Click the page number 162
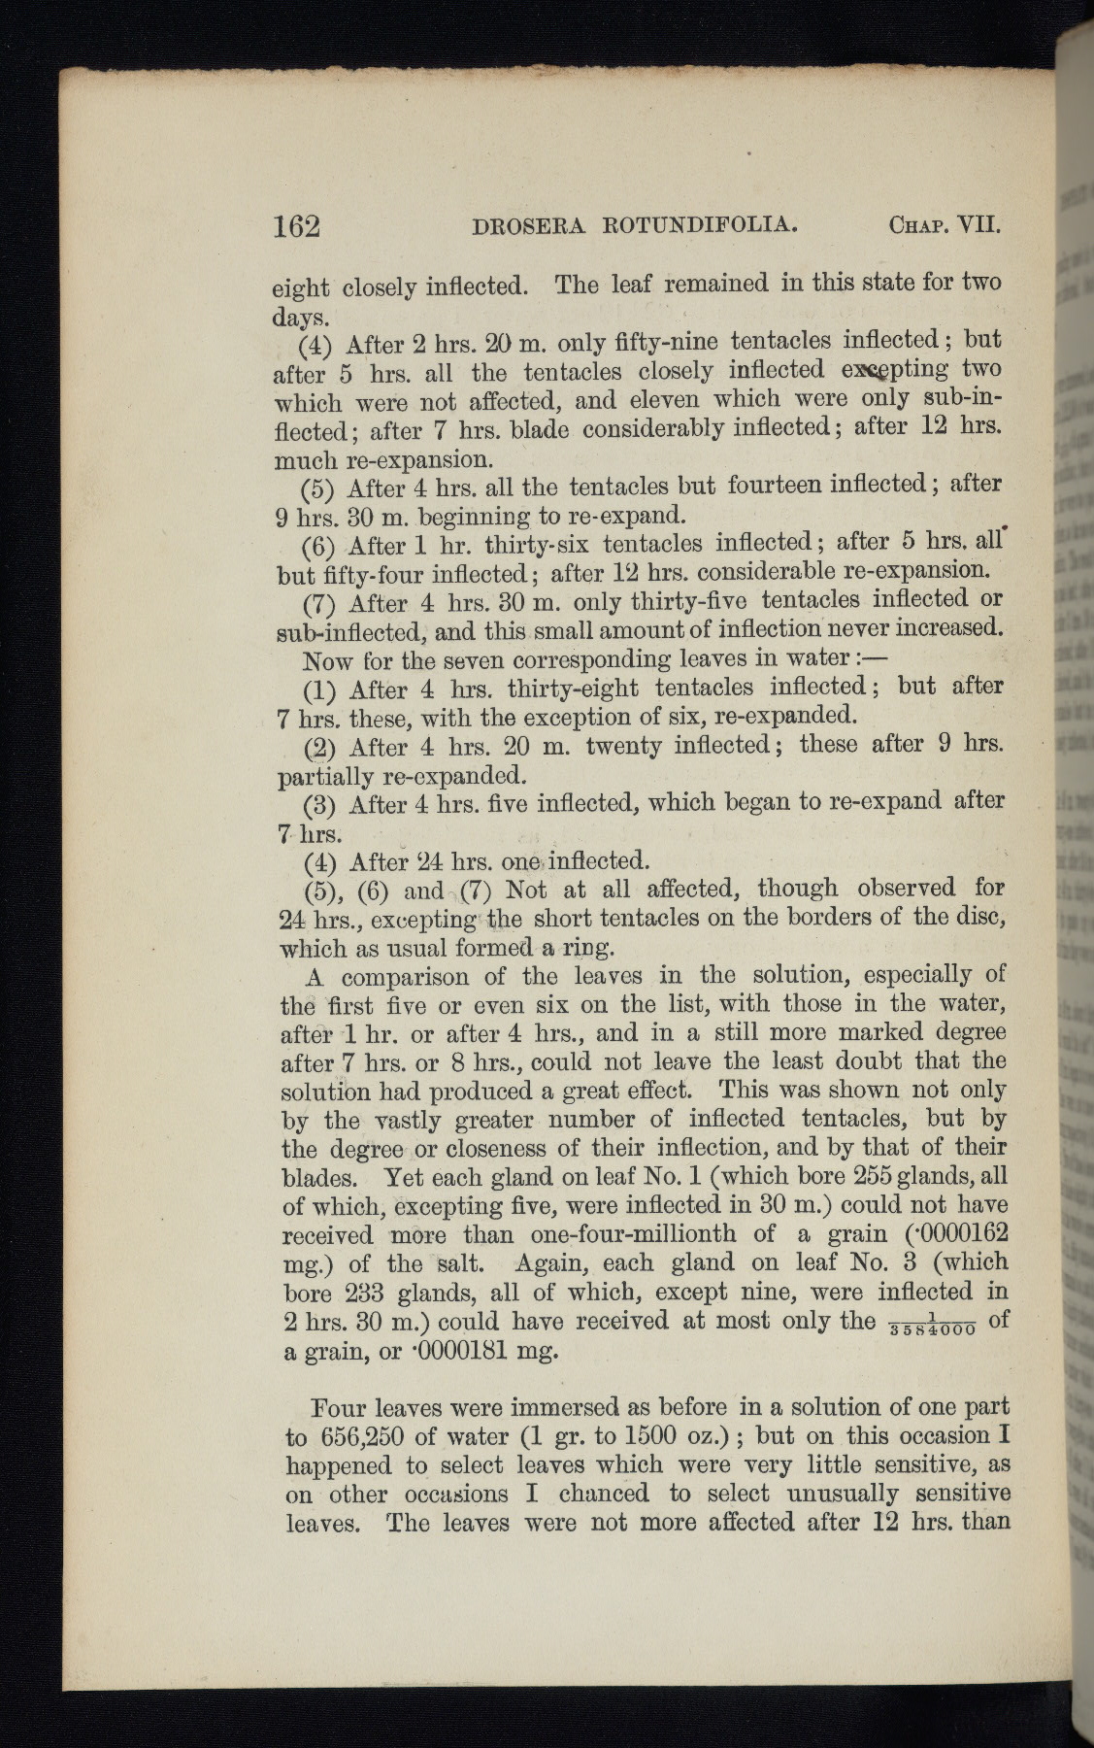click(296, 225)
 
